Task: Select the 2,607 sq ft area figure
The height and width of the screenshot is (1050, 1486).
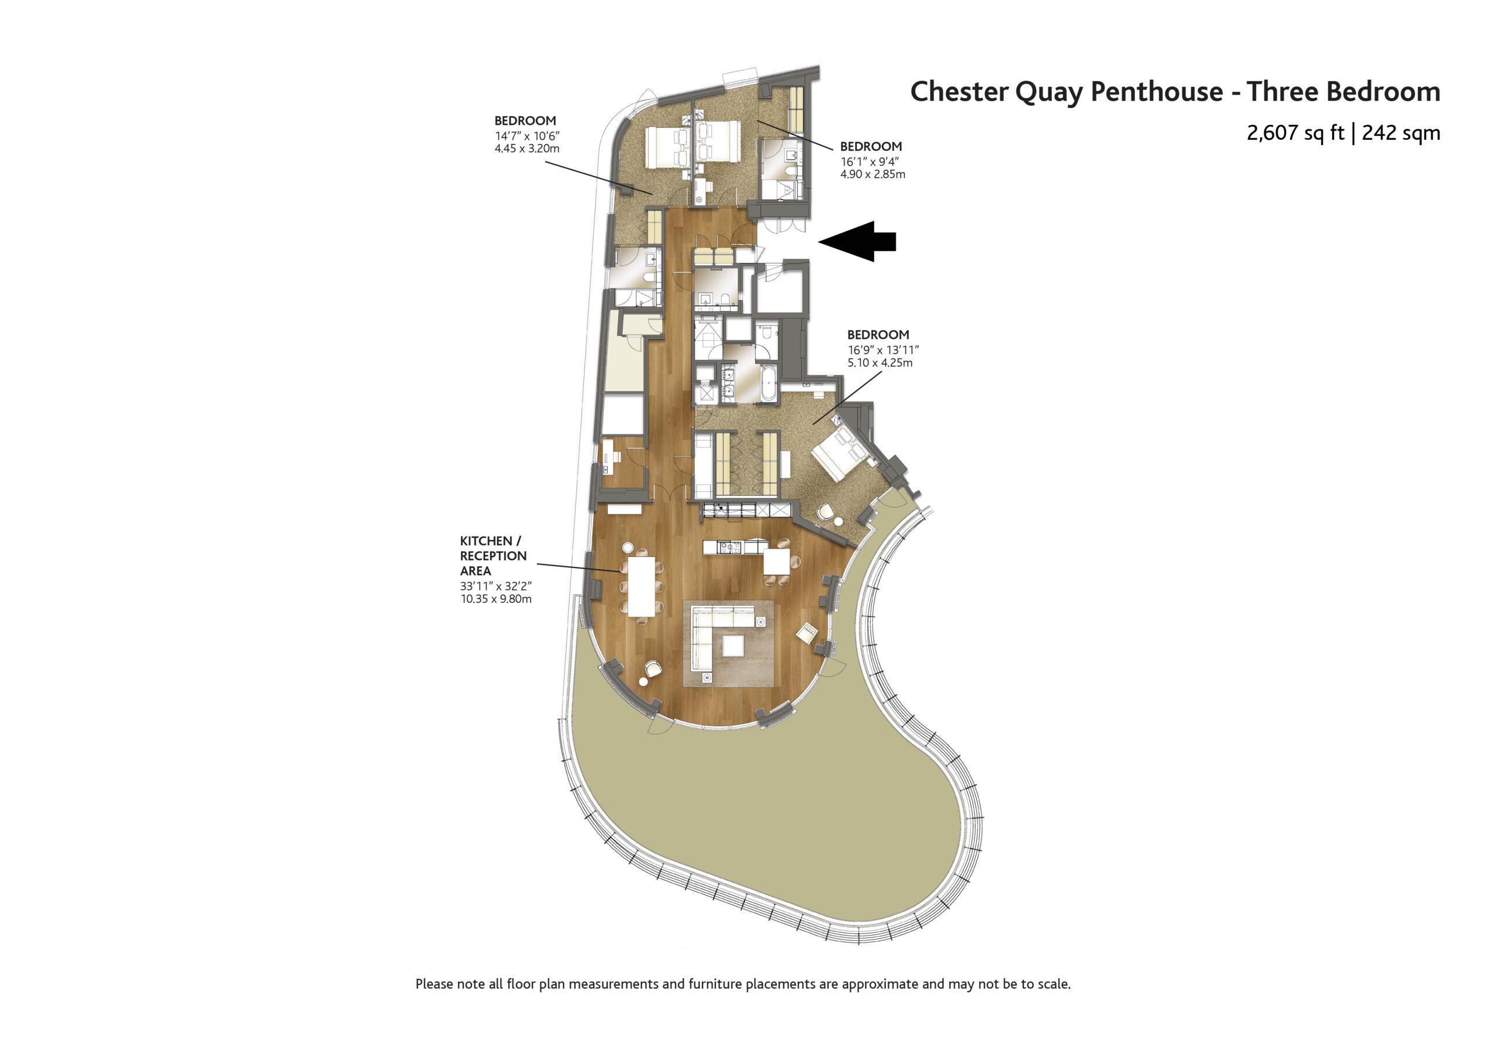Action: [x=1295, y=133]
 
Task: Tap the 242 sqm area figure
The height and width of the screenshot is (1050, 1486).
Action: [x=1401, y=133]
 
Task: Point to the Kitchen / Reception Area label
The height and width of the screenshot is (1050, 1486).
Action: [x=493, y=556]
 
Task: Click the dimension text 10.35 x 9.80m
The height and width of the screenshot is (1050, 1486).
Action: [x=496, y=599]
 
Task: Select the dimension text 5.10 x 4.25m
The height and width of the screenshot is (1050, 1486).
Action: [x=880, y=363]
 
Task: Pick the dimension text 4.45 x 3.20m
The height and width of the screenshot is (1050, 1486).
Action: [x=527, y=148]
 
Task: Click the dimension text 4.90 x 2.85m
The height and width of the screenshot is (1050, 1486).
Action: [x=872, y=174]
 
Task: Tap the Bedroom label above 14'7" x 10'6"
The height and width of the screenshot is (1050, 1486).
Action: [x=525, y=121]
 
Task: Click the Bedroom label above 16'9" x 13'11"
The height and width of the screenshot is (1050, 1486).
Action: [x=878, y=335]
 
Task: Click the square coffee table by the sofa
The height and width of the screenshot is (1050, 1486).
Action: [x=733, y=646]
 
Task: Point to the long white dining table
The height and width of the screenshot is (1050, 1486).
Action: [x=641, y=586]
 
